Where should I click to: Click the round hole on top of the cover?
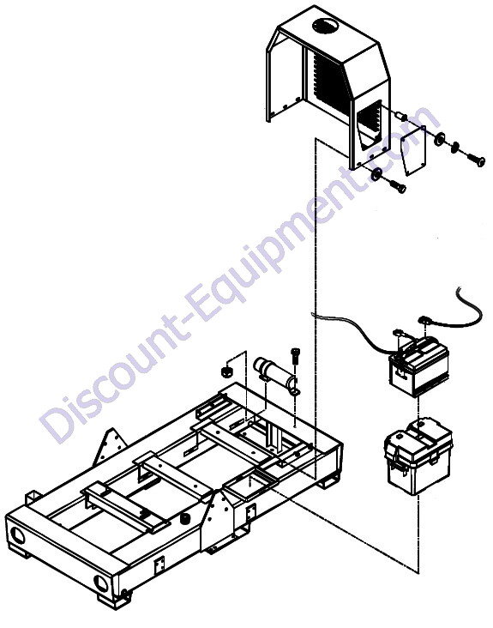point(325,26)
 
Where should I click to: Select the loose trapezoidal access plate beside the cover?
point(414,150)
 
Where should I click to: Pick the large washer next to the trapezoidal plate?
point(439,138)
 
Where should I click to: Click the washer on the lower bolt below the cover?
point(376,174)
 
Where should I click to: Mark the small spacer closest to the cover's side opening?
point(401,117)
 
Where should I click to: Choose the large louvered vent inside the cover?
point(327,83)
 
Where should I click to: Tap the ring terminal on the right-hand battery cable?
point(423,320)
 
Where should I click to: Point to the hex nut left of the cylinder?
point(227,371)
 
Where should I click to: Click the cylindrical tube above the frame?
point(275,372)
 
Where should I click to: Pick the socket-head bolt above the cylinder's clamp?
point(295,356)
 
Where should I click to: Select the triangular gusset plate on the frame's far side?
point(108,447)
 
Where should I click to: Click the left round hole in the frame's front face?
point(18,535)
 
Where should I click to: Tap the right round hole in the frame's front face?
point(101,583)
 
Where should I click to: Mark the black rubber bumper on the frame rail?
point(184,519)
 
